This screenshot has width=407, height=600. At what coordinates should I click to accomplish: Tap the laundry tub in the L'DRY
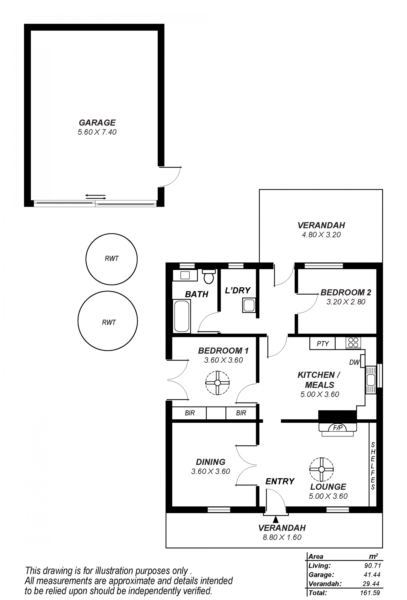(249, 305)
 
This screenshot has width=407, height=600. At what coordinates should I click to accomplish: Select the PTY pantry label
(323, 344)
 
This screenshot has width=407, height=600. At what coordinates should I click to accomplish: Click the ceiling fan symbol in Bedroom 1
(217, 383)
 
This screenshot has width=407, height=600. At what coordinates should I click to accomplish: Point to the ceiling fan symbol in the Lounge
(322, 469)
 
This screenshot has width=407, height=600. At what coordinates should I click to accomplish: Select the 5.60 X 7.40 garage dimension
(97, 132)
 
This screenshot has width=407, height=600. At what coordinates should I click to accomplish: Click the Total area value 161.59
(370, 593)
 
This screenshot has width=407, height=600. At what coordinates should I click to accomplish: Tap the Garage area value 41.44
(372, 575)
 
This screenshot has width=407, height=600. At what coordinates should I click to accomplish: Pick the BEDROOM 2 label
(346, 292)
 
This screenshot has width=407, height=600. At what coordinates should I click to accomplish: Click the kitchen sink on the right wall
(371, 380)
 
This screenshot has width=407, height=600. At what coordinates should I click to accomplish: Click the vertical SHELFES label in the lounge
(373, 466)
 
